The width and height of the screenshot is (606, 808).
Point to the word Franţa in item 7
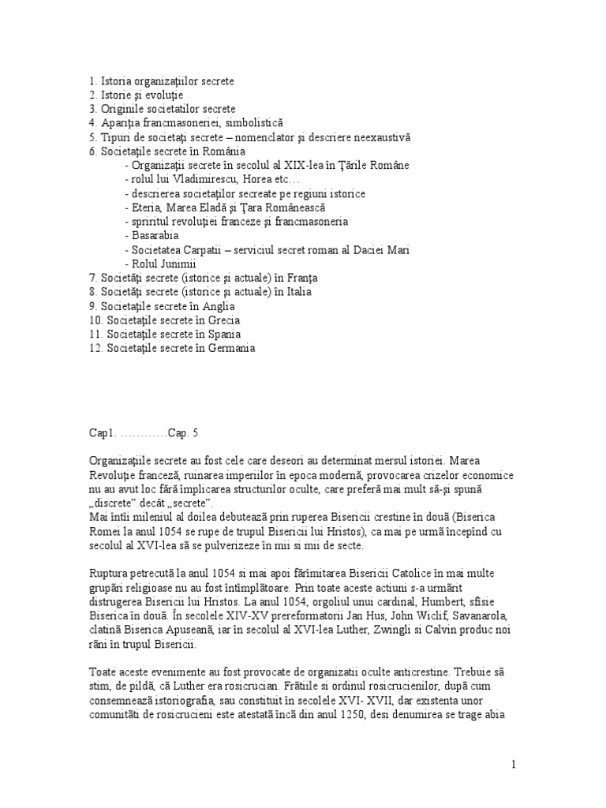pyautogui.click(x=303, y=278)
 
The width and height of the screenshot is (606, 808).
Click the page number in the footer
pyautogui.click(x=514, y=765)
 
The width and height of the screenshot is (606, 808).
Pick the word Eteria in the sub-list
pyautogui.click(x=148, y=208)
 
